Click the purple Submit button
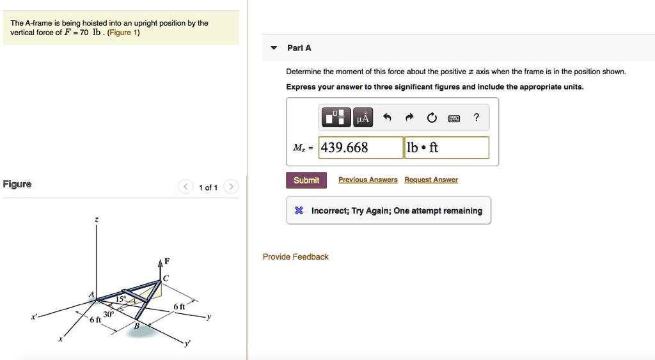pos(306,180)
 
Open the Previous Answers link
pos(368,180)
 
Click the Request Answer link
pos(431,180)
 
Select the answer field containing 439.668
pos(361,148)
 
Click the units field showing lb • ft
pos(447,148)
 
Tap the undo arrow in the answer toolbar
pos(387,118)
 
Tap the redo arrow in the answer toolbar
pos(409,118)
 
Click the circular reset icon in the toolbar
pos(432,118)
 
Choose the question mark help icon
pos(476,117)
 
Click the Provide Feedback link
pos(296,257)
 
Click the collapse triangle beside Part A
pos(274,48)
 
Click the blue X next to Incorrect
pos(299,211)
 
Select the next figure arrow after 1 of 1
pos(232,187)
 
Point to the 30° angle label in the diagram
pos(109,315)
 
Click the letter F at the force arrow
pos(167,261)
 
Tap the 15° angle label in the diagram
pos(121,299)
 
